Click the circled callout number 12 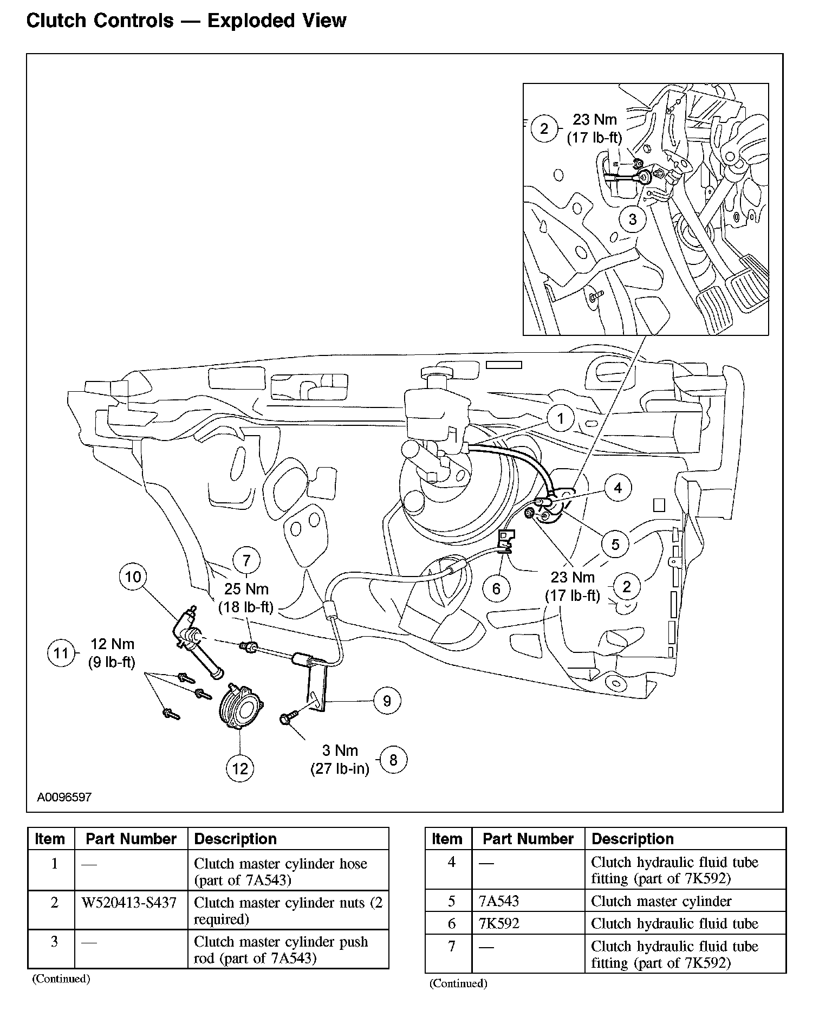(240, 768)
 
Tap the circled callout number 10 (133, 577)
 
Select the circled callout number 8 (393, 760)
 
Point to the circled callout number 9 (387, 701)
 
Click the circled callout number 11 (61, 653)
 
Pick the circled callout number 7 (246, 561)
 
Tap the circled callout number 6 (496, 588)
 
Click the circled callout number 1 (561, 418)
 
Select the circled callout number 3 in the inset (633, 220)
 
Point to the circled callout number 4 (618, 488)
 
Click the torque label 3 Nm (340, 750)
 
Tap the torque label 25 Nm (246, 589)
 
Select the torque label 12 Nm (112, 644)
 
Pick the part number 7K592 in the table (499, 923)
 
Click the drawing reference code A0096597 (64, 797)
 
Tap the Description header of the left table (235, 839)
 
